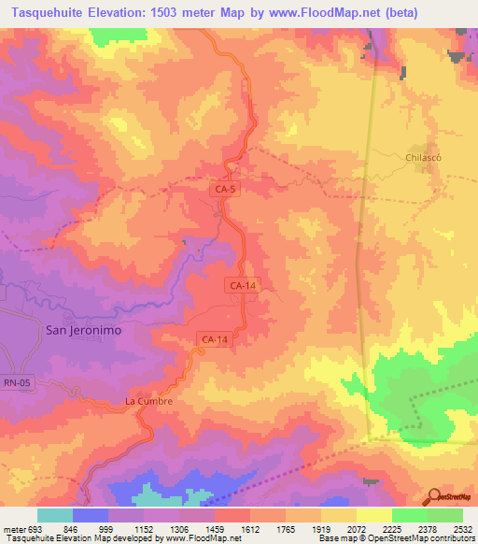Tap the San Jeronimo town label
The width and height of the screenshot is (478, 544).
click(84, 330)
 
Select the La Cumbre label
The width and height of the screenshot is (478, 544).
click(149, 401)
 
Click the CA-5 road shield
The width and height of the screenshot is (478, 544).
click(225, 190)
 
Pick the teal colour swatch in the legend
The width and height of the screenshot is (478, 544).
click(54, 515)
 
